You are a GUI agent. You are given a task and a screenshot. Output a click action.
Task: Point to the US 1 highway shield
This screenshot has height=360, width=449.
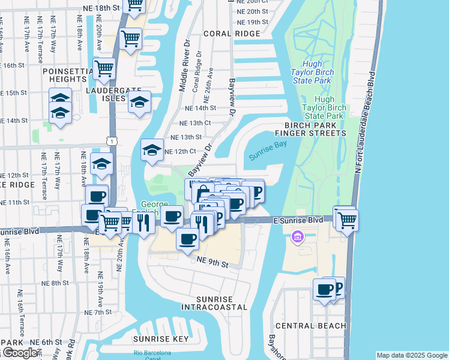coord(112,140)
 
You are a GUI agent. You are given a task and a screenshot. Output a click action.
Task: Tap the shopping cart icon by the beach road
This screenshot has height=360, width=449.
coord(346,219)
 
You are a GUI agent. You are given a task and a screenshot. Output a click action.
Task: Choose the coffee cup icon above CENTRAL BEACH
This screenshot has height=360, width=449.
coord(325,290)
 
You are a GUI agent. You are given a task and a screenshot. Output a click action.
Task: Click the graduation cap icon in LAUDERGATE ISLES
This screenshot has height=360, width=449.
coord(139,102)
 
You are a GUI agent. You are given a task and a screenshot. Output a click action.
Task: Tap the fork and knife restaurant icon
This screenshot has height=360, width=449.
coord(143,223)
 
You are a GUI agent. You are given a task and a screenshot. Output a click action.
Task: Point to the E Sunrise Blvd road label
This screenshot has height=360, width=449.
coord(298,221)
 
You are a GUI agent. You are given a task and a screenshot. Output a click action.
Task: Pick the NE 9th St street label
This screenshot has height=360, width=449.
coord(212,263)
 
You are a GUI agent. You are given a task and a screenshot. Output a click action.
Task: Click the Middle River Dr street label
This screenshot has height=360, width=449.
coord(184,66)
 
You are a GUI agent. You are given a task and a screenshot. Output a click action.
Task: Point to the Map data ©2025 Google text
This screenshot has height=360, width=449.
coord(411,355)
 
